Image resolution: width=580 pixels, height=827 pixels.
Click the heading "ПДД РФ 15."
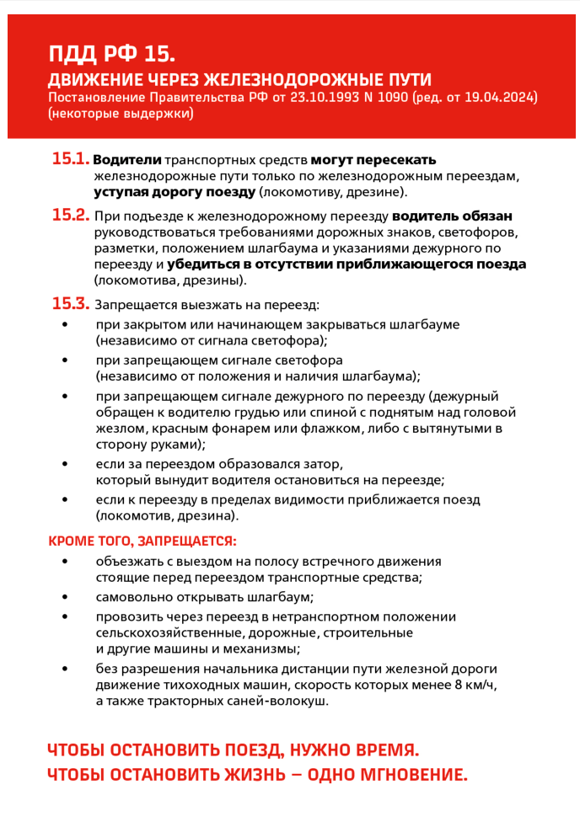(x=112, y=55)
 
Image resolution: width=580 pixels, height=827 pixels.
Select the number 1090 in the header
(x=393, y=98)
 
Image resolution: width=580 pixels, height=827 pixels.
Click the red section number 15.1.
(x=70, y=159)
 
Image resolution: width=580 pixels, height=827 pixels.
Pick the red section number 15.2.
(x=71, y=215)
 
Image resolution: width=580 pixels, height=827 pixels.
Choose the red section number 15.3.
(x=71, y=303)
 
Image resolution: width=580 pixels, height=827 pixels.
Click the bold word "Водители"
(x=126, y=160)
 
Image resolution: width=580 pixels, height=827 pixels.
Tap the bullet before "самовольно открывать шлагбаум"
(x=66, y=597)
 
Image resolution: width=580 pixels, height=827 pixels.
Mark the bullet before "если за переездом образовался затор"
(x=66, y=464)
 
